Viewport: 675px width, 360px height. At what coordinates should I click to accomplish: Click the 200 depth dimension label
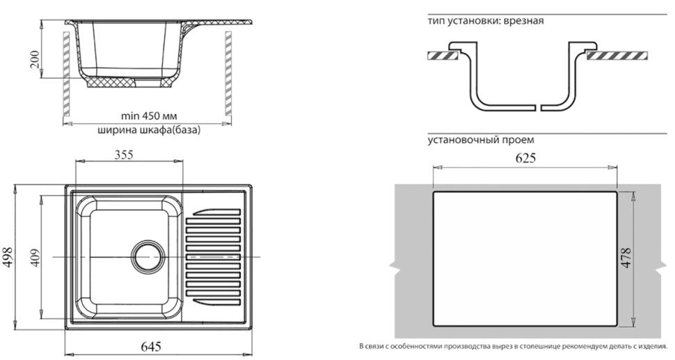pos(35,61)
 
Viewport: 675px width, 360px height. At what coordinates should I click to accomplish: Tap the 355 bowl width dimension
pos(124,155)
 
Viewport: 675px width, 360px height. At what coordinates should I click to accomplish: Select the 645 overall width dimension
pos(151,346)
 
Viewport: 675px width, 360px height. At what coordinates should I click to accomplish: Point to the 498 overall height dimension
pos(8,258)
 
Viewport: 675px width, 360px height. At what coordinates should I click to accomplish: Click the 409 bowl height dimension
pos(35,258)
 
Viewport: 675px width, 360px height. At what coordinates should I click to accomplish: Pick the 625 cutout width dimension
pos(525,159)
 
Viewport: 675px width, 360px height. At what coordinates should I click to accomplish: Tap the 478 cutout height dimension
pos(627,258)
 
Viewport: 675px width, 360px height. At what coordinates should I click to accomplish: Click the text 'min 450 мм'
pos(149,116)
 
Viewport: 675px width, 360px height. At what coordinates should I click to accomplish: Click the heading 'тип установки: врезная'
pos(486,21)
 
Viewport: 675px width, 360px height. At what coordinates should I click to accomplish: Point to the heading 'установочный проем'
pos(481,140)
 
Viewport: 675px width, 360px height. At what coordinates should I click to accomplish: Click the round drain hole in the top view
pos(148,257)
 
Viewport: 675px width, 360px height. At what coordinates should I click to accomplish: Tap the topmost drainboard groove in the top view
pos(216,212)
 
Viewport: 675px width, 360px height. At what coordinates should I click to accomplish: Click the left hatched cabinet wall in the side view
pos(66,74)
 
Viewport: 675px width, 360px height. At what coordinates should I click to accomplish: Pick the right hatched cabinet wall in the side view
pos(228,74)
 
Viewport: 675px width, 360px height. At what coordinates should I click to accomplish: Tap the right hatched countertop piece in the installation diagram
pos(617,56)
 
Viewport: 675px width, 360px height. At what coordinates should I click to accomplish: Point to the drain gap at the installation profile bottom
pos(539,107)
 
